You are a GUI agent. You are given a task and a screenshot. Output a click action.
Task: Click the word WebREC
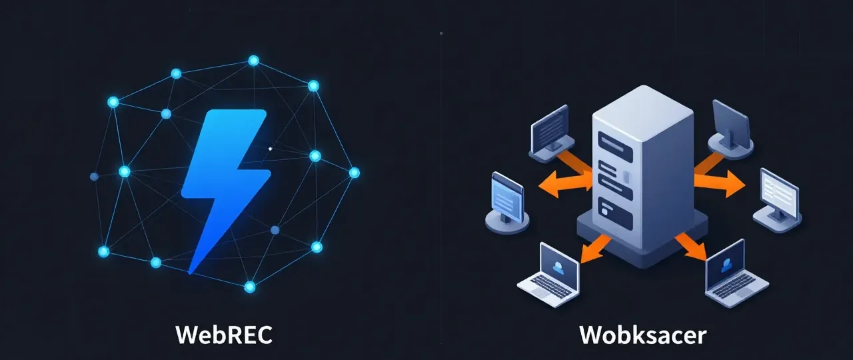[x=224, y=335]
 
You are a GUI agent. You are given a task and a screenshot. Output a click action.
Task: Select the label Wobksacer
[x=642, y=335]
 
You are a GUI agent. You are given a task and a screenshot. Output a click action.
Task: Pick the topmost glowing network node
[x=253, y=61]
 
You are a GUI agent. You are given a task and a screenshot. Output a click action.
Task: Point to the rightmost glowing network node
[x=354, y=173]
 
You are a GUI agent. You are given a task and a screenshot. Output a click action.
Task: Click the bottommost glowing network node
[x=249, y=287]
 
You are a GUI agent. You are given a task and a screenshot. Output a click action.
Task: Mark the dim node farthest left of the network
[x=94, y=177]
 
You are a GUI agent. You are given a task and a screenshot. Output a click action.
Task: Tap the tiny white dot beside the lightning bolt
[x=269, y=149]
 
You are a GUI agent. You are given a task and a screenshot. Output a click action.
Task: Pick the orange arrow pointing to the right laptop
[x=692, y=247]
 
